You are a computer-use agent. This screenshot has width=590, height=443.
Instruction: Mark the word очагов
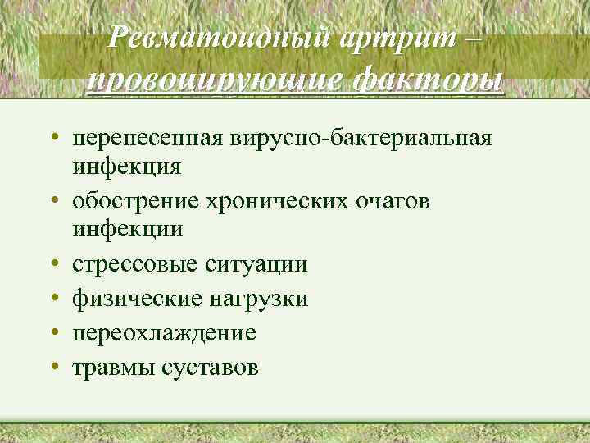(x=393, y=201)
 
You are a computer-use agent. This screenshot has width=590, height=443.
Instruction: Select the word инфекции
(x=128, y=229)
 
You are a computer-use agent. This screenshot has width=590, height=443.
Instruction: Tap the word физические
(x=135, y=299)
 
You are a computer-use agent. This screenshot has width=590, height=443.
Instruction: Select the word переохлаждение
(x=164, y=333)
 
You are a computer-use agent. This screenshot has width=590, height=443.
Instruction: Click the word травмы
(x=107, y=368)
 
